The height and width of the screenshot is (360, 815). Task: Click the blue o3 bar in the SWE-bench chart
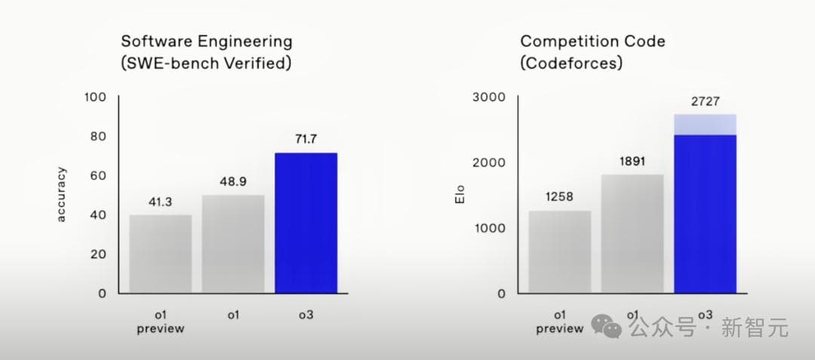click(306, 223)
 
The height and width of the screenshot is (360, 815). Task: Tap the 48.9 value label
click(232, 183)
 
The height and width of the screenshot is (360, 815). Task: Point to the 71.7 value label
click(306, 140)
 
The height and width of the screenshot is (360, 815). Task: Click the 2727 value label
click(705, 102)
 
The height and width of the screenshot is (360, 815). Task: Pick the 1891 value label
click(632, 161)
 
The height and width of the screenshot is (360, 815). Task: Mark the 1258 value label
click(559, 198)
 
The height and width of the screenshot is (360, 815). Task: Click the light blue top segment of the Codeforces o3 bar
click(705, 125)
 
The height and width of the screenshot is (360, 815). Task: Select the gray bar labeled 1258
click(559, 251)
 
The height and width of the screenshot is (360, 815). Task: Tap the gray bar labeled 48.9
click(232, 244)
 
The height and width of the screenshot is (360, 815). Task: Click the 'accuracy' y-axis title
click(62, 194)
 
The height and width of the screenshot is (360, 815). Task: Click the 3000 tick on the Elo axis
click(489, 97)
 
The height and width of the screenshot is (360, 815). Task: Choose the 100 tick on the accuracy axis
click(96, 97)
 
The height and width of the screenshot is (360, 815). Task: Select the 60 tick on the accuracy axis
click(99, 176)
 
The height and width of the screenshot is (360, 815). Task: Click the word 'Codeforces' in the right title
click(574, 64)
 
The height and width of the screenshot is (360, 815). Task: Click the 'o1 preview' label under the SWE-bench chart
click(160, 322)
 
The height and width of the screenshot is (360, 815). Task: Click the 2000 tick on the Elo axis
click(489, 162)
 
